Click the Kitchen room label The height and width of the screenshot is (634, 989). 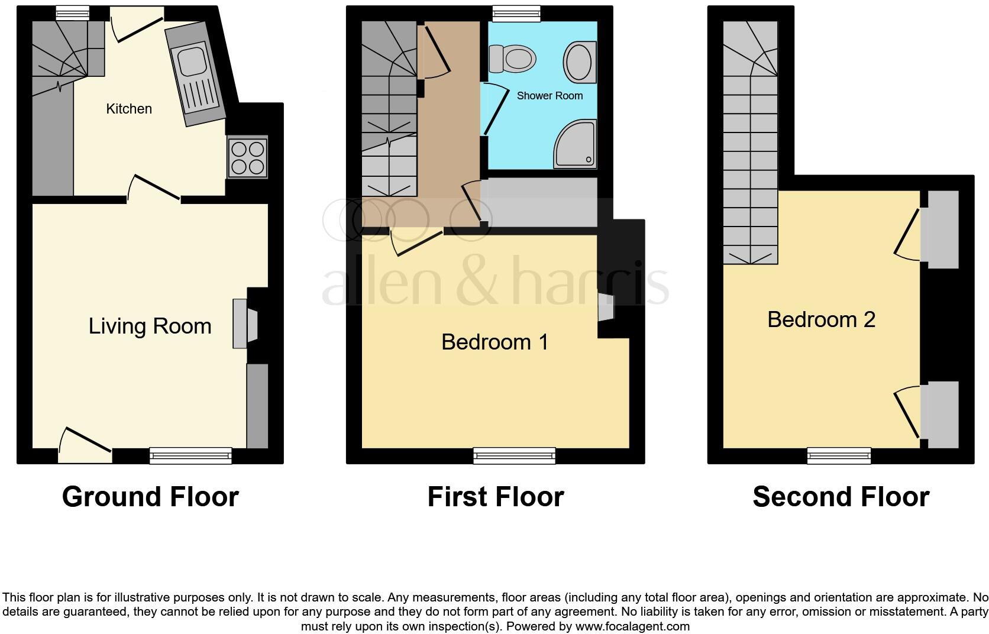129,109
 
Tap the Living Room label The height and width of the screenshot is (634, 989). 150,326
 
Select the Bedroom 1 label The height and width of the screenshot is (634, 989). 495,342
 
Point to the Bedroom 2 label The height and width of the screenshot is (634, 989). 821,319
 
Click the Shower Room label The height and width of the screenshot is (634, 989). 550,96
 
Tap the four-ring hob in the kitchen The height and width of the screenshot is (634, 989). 247,157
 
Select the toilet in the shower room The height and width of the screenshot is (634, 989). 512,59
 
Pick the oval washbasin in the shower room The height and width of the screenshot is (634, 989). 580,62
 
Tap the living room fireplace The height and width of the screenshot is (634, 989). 245,324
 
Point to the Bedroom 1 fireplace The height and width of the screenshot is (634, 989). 606,308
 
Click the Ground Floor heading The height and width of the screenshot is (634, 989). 150,497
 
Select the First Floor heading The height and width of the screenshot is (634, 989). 496,497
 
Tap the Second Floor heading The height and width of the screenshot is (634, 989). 841,497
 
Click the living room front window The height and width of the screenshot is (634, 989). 190,455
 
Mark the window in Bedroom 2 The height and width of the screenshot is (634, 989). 839,455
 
